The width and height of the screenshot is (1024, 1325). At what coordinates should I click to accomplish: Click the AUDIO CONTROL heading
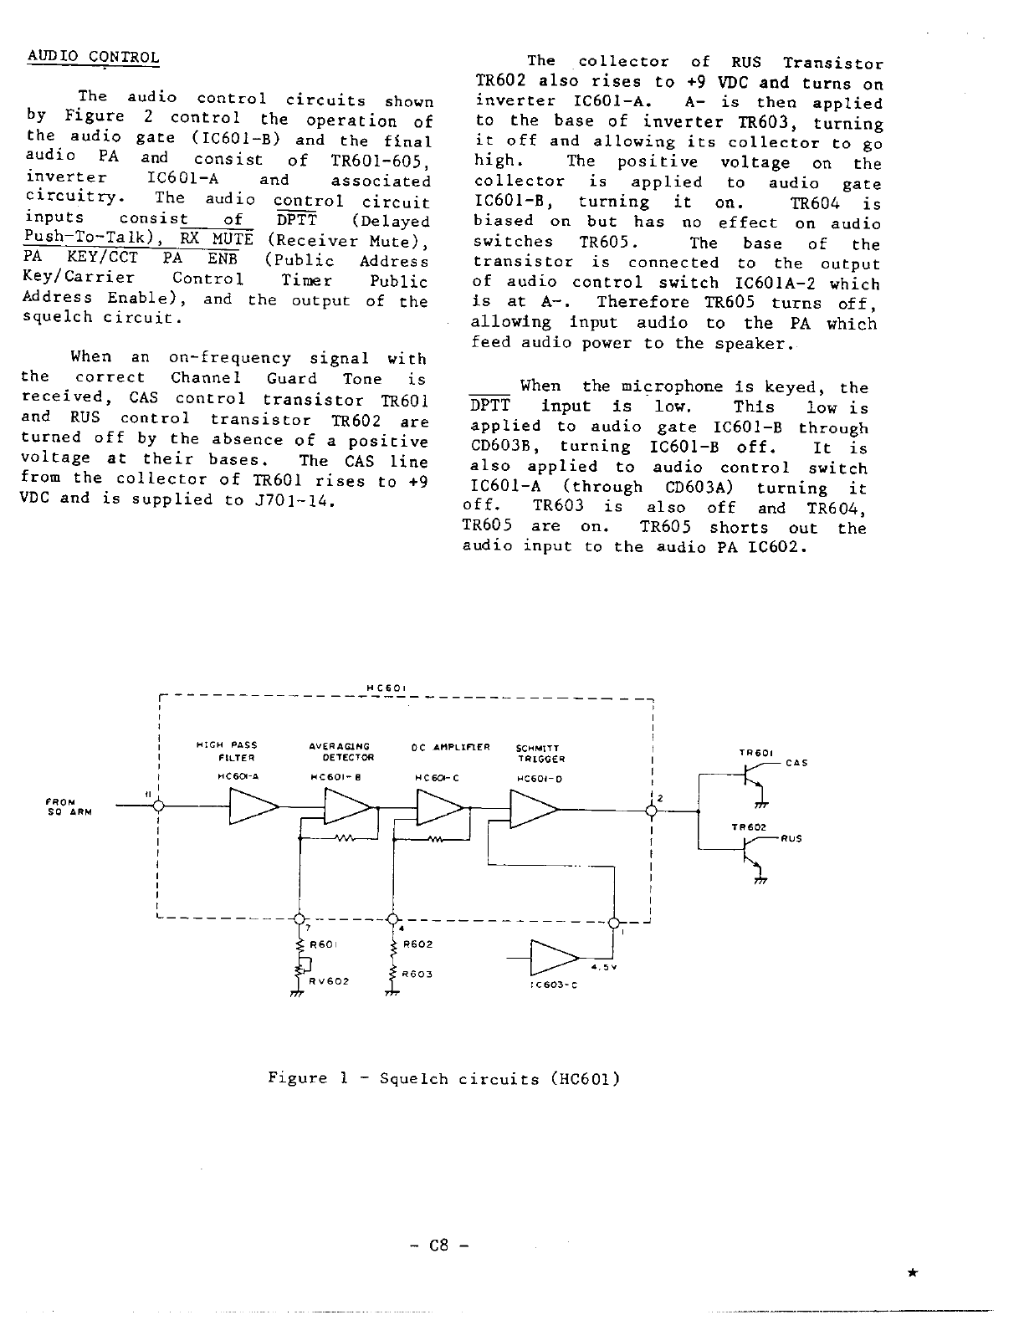coord(93,58)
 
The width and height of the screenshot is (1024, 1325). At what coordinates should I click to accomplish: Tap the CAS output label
coord(797,763)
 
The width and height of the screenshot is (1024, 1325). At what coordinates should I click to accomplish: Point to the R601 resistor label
coord(323,944)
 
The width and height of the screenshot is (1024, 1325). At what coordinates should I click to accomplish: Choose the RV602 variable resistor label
coord(328,981)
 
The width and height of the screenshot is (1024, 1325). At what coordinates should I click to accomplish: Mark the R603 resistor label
coord(417,975)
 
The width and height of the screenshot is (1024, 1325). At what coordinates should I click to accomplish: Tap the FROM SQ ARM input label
coord(67,806)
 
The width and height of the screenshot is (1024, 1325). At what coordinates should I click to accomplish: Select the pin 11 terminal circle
coord(158,806)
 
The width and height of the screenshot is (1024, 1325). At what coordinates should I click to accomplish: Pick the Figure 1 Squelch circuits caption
coord(444,1078)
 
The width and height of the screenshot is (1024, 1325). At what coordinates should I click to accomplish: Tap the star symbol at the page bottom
coord(913,1272)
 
